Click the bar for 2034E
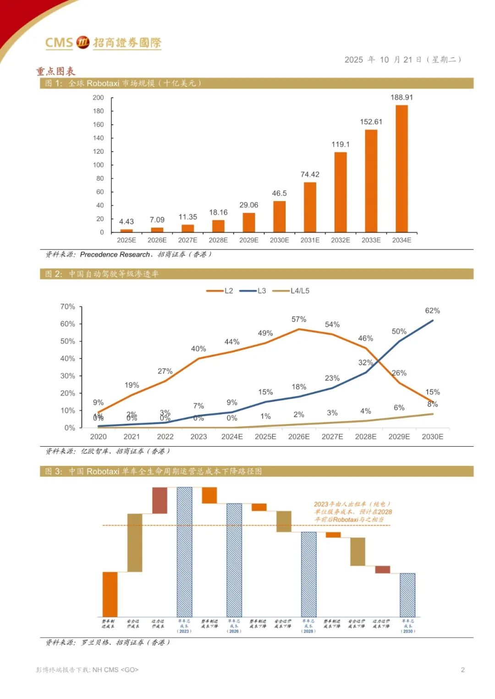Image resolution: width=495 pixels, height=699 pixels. (401, 169)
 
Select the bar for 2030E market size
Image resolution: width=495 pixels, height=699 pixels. (279, 216)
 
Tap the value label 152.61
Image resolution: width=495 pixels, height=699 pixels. (371, 122)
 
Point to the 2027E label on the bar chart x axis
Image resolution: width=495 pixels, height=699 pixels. (187, 240)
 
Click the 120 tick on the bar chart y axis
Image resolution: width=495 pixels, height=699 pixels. (99, 152)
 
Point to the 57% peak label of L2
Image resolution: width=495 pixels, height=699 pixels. (299, 319)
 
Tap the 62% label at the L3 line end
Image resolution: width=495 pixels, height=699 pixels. (432, 311)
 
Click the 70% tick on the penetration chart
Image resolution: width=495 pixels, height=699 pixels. (68, 306)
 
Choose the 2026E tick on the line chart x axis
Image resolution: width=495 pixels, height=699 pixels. (299, 437)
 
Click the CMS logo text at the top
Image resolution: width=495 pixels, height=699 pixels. (59, 43)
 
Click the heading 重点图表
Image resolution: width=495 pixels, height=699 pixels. (55, 71)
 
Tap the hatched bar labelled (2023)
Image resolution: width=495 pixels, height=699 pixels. (184, 552)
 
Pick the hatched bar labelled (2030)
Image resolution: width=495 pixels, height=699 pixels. (407, 595)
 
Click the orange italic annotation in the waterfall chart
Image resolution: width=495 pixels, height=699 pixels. (353, 512)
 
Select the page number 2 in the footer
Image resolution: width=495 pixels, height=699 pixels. (462, 670)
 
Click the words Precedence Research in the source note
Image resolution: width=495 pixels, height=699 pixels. (115, 254)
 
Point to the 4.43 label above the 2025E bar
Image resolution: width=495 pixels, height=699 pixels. (126, 222)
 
